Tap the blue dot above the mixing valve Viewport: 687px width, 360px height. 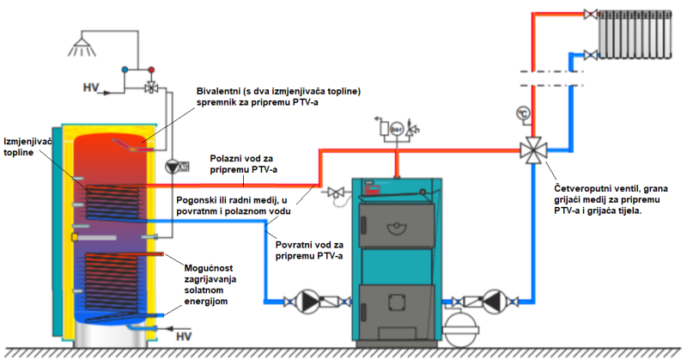pos(125,67)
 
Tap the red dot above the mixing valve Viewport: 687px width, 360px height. pos(152,67)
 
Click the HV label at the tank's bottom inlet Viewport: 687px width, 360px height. pos(184,336)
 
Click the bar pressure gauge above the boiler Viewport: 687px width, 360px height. pos(396,129)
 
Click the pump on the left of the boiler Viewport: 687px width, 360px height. pos(307,302)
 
